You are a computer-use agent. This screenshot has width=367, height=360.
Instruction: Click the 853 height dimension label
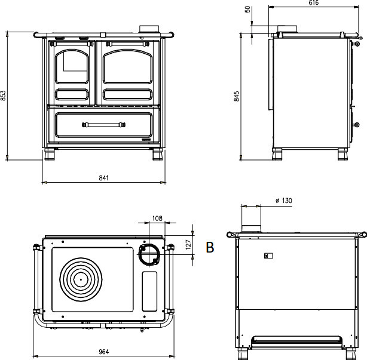coord(3,96)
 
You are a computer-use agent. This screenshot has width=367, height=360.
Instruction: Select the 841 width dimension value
coord(103,178)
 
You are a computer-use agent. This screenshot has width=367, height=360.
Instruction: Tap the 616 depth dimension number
coord(314,2)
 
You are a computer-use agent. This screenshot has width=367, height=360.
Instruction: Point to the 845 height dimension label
coord(237,96)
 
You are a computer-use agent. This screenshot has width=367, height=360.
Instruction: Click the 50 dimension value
coord(247,10)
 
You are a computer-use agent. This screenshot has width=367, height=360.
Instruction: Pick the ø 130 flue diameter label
coord(284,201)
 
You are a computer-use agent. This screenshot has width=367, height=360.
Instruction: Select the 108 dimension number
coord(157,219)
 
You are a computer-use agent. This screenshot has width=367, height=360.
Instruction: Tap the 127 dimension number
coord(188,245)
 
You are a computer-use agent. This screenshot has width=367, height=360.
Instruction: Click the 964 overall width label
coord(103,352)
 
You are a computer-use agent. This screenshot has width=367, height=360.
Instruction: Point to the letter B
coord(210,247)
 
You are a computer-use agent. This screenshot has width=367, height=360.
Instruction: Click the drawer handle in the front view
coord(103,125)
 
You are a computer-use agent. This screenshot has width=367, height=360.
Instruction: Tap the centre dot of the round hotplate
coord(81,279)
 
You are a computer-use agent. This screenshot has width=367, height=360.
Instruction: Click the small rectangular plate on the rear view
coord(268,256)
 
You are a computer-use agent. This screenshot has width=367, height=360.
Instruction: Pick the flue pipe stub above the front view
coord(149,29)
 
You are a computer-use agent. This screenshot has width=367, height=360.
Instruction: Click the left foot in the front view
coord(50,154)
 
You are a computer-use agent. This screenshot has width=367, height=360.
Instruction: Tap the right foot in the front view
coord(158,154)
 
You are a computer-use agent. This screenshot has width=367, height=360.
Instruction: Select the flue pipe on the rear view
coord(251,219)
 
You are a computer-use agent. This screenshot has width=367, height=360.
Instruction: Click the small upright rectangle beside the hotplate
coord(149,291)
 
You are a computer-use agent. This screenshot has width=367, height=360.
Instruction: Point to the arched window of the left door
coord(72,66)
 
